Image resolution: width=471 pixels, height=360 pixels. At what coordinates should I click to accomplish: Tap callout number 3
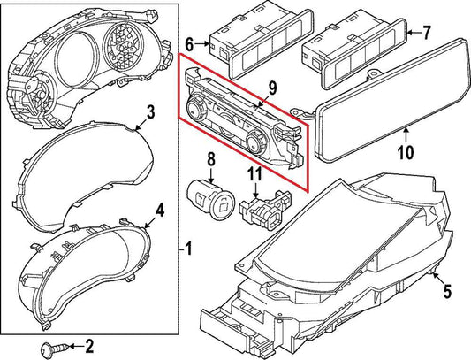150,112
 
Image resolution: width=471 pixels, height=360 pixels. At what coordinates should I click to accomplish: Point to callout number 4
160,210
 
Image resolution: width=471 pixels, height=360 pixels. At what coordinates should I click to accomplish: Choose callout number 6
189,42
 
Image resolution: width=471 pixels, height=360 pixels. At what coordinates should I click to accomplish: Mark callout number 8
211,159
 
